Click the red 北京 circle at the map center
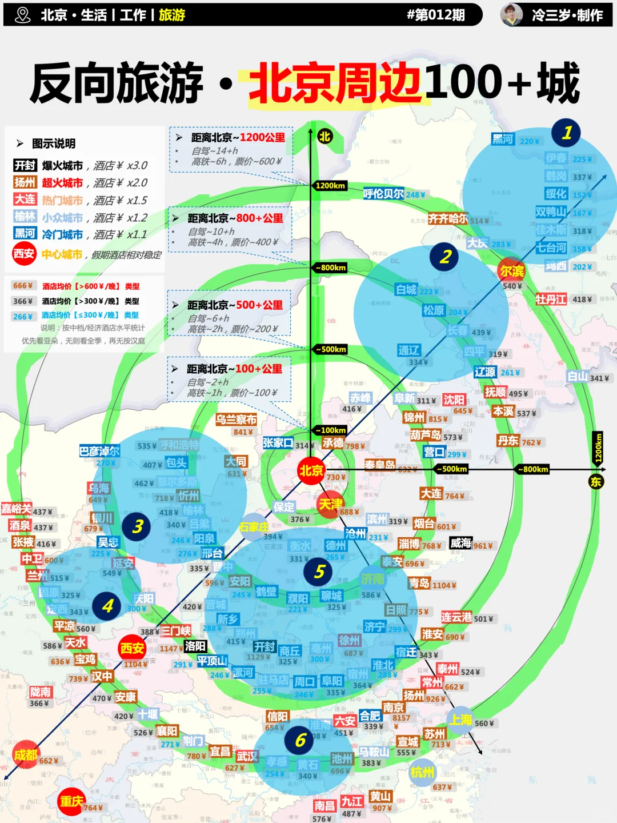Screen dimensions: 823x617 311,471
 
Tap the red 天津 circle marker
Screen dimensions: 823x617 330,505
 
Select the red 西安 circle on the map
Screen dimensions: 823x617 133,648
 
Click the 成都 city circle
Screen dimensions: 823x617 26,755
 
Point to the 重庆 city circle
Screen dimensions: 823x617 72,801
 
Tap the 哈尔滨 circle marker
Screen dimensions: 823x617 511,271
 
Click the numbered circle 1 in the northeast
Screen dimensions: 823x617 566,133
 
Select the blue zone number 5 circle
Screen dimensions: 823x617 319,572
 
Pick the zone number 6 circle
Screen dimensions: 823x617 300,740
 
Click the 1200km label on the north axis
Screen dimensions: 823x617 330,186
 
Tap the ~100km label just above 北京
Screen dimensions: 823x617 331,430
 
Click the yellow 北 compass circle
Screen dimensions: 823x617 324,137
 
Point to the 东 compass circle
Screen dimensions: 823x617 596,481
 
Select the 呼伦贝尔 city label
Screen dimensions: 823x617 383,194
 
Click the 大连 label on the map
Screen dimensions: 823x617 431,494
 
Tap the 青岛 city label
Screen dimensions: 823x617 419,583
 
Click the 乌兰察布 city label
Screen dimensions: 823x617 236,420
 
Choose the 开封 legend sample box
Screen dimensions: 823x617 25,165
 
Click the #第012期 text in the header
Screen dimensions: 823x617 435,15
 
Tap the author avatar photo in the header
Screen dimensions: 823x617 512,15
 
